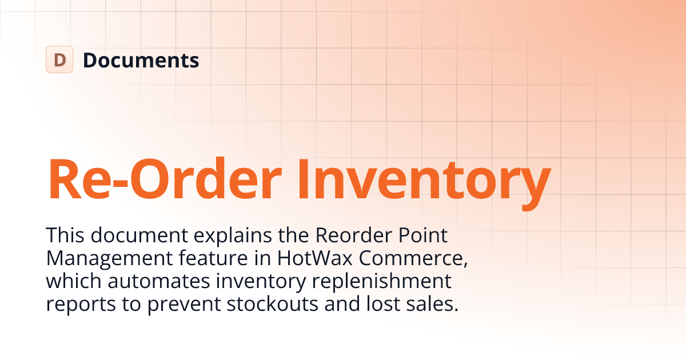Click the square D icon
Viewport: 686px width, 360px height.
pos(59,59)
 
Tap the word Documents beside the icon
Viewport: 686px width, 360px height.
pos(141,60)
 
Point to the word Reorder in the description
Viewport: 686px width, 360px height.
pos(336,235)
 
